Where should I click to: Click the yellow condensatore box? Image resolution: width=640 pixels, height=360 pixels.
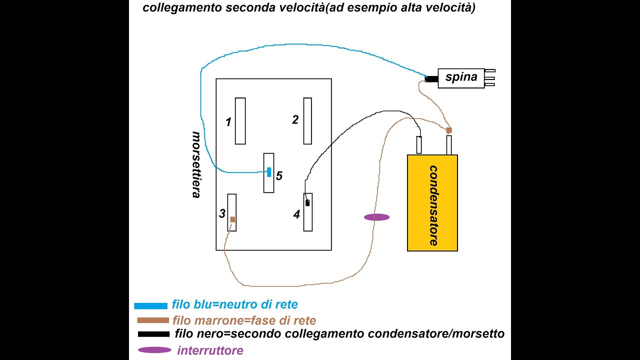pos(432,202)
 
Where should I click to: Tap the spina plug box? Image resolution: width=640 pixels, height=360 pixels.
pos(461,78)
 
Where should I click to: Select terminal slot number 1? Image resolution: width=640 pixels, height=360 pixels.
pos(240,121)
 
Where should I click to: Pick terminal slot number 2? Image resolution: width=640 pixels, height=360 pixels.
pos(307,121)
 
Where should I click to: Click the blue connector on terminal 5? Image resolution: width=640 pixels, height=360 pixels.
pos(269,172)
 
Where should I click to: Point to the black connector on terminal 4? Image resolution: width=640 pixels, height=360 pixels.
pos(307,202)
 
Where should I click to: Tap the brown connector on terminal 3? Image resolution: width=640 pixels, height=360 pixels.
pos(232,219)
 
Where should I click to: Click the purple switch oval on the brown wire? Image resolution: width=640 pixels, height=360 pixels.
pos(376,217)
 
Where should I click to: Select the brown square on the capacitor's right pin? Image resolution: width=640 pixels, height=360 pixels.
pos(449,130)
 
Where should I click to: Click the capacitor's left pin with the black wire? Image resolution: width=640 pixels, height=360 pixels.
pos(419,145)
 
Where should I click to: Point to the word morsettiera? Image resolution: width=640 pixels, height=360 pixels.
pos(196,164)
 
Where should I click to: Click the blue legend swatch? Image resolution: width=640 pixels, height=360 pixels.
pos(150,305)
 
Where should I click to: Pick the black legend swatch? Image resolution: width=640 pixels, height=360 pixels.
pos(153,334)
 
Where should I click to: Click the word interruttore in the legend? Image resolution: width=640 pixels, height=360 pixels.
pos(210,350)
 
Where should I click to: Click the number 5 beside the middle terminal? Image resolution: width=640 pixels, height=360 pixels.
pos(279,175)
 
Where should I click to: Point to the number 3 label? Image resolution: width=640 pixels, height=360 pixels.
pos(222,214)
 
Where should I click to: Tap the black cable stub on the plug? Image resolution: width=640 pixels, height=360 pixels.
pos(431,78)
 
